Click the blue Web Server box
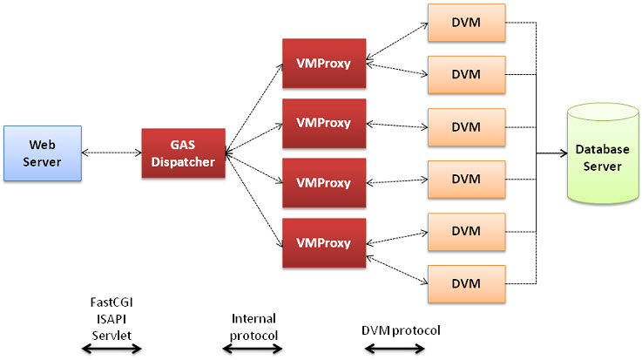point(42,153)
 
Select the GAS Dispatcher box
point(183,153)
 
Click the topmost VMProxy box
point(323,63)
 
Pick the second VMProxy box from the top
point(323,123)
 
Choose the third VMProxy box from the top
point(323,183)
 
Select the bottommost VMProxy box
point(323,242)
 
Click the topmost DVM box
point(466,22)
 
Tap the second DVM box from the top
point(466,74)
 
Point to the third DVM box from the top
point(466,126)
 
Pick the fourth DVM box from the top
point(466,179)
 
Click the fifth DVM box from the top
point(466,231)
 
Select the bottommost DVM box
point(466,283)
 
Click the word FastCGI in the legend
point(112,302)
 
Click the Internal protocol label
point(253,327)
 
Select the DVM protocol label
point(401,330)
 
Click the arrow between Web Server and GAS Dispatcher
point(111,153)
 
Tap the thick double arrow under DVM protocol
point(395,350)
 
